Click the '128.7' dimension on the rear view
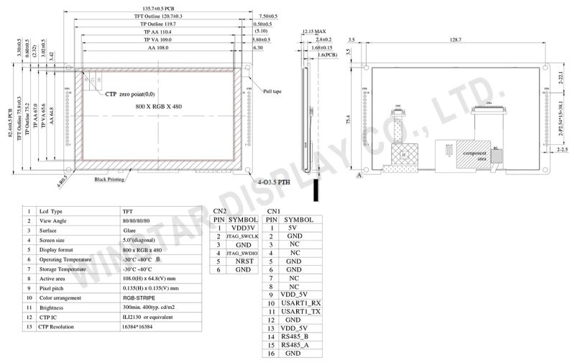click(455, 40)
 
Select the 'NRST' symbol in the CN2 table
click(243, 261)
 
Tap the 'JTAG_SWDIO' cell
click(243, 252)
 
